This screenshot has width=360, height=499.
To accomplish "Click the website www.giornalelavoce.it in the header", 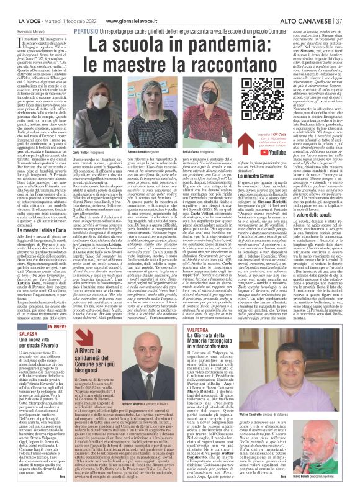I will [x=132, y=5].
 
